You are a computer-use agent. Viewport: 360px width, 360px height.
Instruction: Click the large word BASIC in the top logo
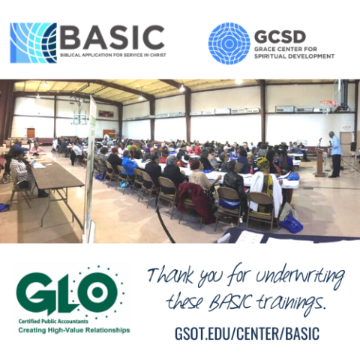click(112, 37)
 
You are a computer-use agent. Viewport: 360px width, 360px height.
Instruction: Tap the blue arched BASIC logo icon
click(33, 43)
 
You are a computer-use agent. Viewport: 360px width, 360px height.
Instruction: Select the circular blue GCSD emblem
click(229, 43)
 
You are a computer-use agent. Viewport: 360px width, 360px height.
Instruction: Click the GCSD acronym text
click(280, 37)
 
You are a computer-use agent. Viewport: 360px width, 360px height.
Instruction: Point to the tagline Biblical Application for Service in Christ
click(113, 55)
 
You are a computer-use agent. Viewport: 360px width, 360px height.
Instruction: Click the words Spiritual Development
click(294, 56)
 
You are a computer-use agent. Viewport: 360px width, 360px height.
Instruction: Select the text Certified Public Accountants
click(53, 321)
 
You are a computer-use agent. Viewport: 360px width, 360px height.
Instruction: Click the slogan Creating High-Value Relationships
click(74, 330)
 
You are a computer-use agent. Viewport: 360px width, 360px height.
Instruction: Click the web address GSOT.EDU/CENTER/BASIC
click(247, 333)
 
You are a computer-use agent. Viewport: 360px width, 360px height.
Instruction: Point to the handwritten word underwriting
click(300, 277)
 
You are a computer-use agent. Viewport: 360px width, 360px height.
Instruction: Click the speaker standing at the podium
click(334, 154)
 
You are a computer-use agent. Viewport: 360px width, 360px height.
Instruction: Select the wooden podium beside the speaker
click(321, 162)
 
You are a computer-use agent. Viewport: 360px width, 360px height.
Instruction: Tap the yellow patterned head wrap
click(262, 163)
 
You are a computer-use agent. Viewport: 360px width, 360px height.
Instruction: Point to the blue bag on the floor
click(292, 223)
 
